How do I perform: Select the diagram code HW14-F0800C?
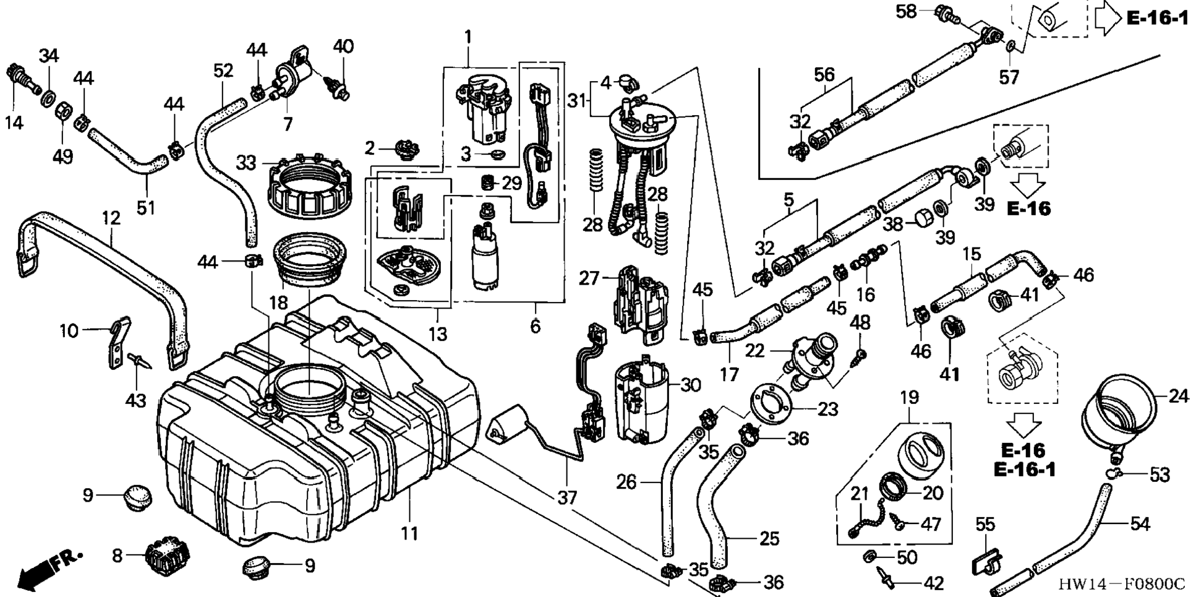click(1121, 584)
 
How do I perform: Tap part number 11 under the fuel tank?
click(409, 533)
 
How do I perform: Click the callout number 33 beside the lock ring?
click(246, 163)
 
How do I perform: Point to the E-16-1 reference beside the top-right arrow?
click(1157, 18)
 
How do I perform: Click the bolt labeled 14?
click(20, 78)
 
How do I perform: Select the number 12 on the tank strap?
click(111, 218)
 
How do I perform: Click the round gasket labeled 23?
click(771, 402)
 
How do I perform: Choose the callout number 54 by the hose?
click(1139, 524)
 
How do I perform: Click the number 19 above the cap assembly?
click(910, 397)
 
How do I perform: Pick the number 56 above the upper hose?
click(824, 75)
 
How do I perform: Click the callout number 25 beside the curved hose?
click(769, 538)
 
